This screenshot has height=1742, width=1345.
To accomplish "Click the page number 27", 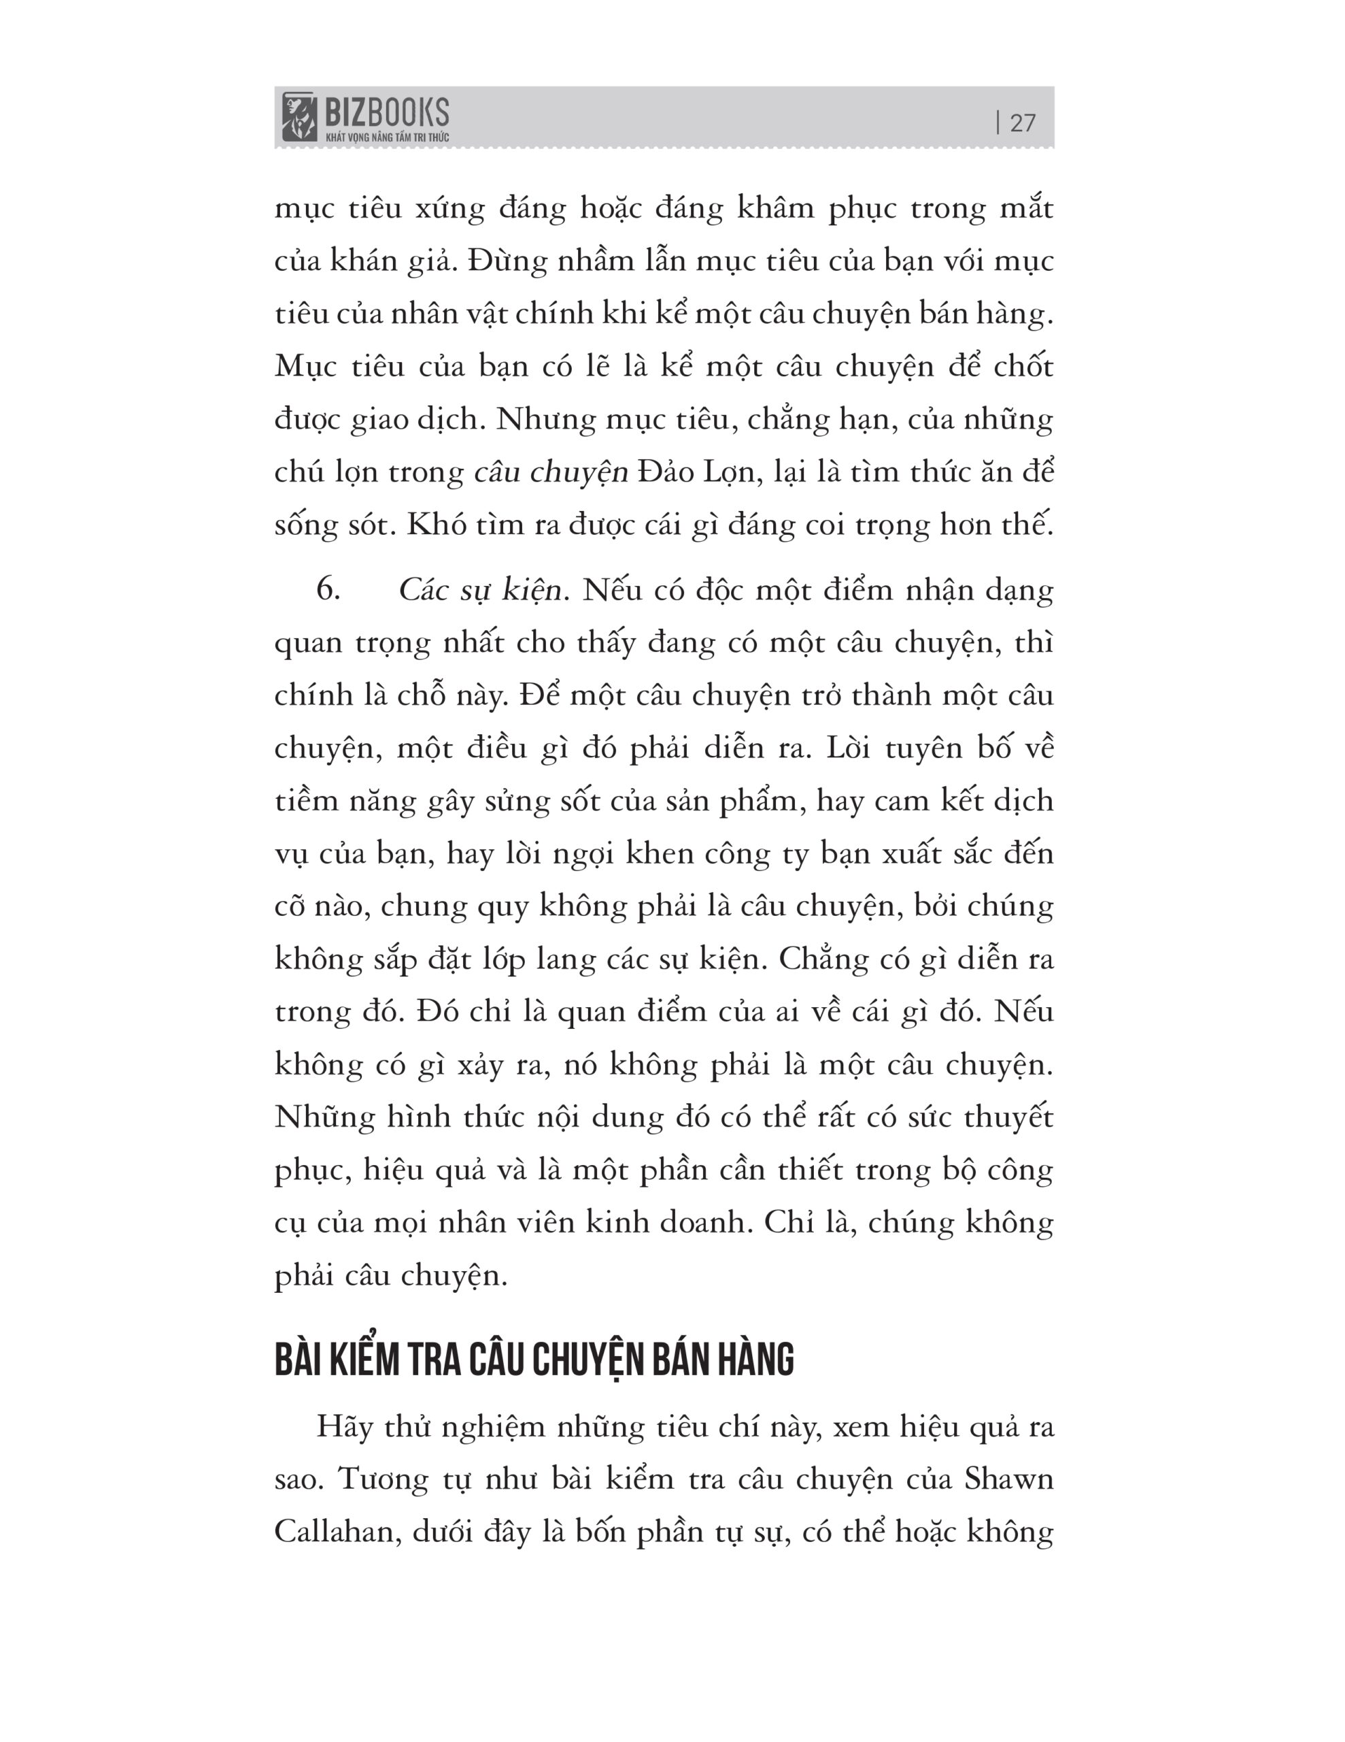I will [x=1023, y=123].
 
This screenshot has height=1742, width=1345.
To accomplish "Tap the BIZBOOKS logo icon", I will [x=299, y=116].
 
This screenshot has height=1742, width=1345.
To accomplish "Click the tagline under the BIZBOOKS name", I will [x=387, y=137].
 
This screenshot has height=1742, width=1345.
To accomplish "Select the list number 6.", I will [x=328, y=589].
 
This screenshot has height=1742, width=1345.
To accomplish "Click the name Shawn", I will [x=1008, y=1479].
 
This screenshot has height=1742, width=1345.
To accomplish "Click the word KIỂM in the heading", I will [x=364, y=1360].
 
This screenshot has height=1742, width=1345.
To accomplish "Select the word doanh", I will [x=704, y=1223].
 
